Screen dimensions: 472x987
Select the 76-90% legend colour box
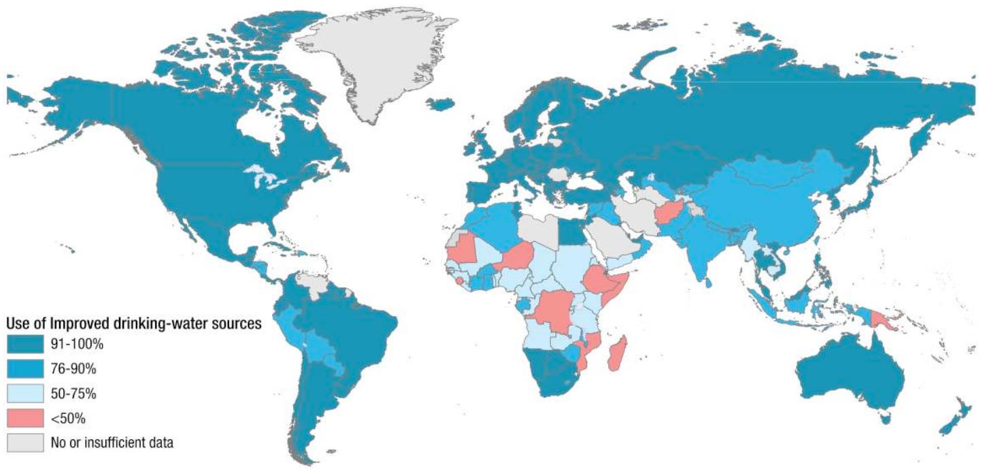tap(24, 368)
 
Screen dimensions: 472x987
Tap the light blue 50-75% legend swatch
tap(24, 393)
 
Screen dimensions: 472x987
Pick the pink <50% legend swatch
tap(24, 418)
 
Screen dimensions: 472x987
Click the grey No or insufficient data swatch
tap(24, 442)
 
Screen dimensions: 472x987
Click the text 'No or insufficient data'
tap(112, 443)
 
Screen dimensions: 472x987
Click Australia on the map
tap(850, 371)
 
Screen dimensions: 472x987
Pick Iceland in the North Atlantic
tap(441, 104)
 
